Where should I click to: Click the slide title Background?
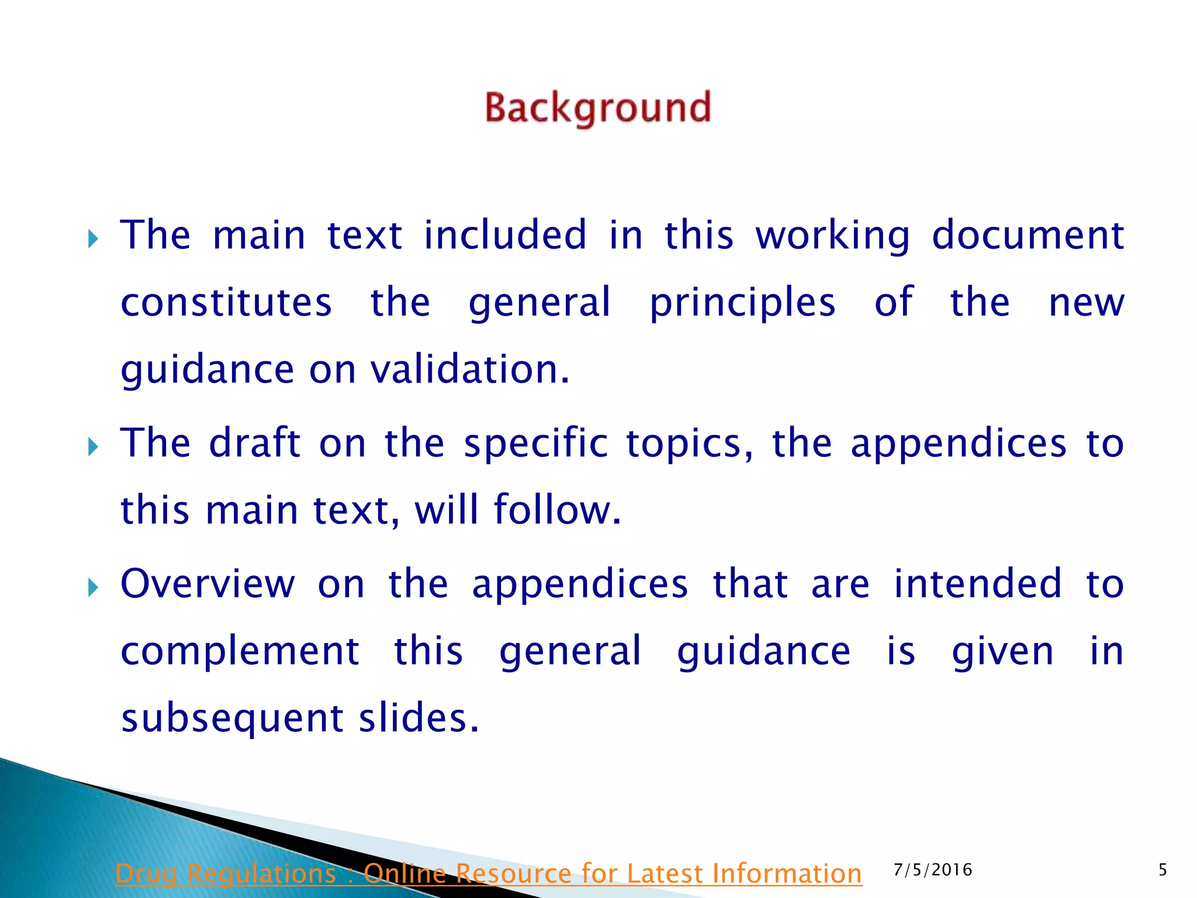pyautogui.click(x=598, y=108)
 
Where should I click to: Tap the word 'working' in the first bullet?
pyautogui.click(x=832, y=236)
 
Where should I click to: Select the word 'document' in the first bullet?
pyautogui.click(x=1028, y=236)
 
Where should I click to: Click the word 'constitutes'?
pyautogui.click(x=226, y=303)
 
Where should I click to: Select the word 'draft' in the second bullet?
pyautogui.click(x=255, y=443)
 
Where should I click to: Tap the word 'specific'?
pyautogui.click(x=536, y=444)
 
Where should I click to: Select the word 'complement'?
pyautogui.click(x=240, y=651)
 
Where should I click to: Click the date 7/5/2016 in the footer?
pyautogui.click(x=933, y=870)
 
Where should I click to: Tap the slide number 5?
pyautogui.click(x=1163, y=870)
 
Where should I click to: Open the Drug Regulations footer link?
pyautogui.click(x=489, y=873)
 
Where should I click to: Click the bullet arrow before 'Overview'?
pyautogui.click(x=92, y=588)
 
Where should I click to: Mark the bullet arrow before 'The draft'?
pyautogui.click(x=92, y=447)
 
